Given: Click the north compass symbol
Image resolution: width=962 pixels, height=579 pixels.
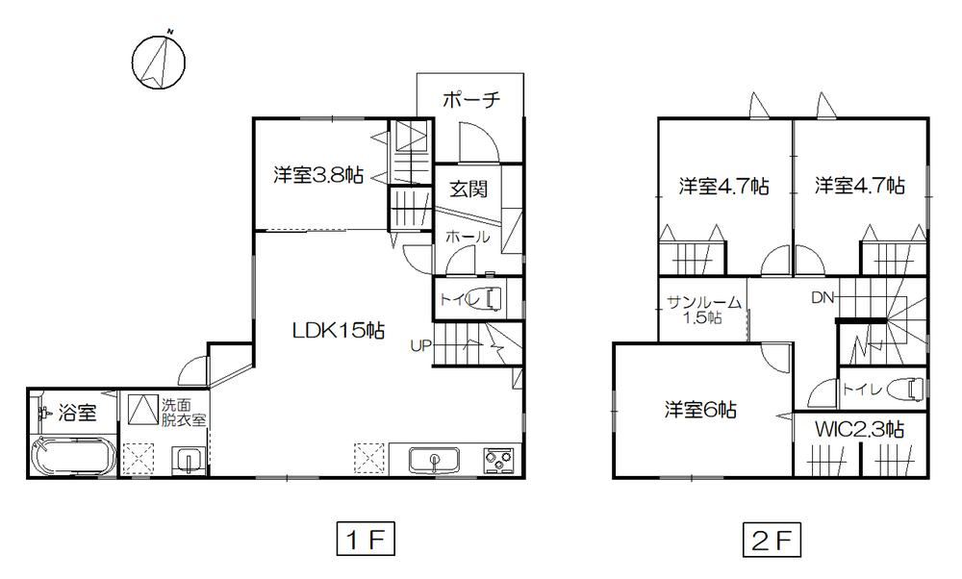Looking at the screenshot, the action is click(x=159, y=62).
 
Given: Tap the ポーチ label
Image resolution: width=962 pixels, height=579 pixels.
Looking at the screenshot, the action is click(x=471, y=99).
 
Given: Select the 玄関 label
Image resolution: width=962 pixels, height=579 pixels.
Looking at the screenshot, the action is click(x=468, y=189).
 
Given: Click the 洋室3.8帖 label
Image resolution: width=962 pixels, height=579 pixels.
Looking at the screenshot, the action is click(x=318, y=175).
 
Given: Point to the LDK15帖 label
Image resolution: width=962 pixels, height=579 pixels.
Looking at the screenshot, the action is click(x=338, y=331).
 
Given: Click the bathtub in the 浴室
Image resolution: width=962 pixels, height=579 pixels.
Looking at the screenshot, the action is click(x=73, y=457).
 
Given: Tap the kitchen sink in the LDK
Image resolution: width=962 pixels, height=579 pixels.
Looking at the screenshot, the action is click(x=435, y=460).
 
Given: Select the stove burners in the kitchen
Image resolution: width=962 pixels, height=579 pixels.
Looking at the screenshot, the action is click(x=498, y=460).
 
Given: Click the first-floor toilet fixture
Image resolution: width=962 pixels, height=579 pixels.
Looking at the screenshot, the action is click(x=494, y=299).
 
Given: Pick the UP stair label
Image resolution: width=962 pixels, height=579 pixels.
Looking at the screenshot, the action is click(x=421, y=346).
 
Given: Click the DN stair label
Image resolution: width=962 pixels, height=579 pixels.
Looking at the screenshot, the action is click(x=823, y=298).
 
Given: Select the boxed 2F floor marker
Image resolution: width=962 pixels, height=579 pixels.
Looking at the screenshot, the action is click(x=772, y=540).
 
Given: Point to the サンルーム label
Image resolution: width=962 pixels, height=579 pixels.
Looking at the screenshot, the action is click(x=704, y=302).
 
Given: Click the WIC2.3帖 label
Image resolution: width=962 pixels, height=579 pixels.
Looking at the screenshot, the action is click(x=859, y=429).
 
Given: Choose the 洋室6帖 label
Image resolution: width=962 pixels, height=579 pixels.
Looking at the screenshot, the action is click(x=700, y=410).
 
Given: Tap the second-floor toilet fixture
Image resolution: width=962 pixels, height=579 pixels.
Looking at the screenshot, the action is click(x=909, y=389).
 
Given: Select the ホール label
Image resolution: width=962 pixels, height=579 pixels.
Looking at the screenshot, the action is click(x=468, y=237).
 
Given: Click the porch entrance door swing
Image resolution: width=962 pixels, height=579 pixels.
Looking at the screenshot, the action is click(x=478, y=142).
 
